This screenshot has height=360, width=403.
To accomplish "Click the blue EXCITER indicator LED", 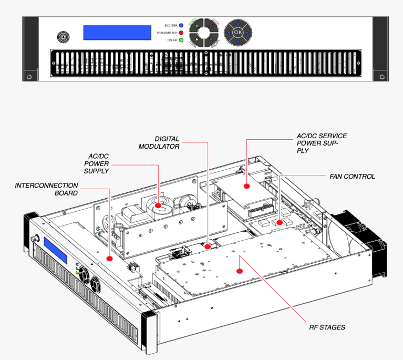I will click(181, 25).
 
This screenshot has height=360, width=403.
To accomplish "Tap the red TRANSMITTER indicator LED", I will click(181, 33).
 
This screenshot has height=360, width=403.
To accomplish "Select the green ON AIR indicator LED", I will click(181, 40).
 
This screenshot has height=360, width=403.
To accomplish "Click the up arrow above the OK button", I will click(238, 23).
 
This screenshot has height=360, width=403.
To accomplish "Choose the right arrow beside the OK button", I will click(247, 33).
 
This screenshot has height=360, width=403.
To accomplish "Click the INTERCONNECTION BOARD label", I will click(46, 189).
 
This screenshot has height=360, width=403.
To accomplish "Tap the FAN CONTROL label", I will click(352, 177).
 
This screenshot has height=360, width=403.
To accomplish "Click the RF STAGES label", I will click(327, 327).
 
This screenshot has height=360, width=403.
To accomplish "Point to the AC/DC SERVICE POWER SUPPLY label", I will click(322, 143).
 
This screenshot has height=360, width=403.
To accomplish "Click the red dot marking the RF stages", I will click(239, 271).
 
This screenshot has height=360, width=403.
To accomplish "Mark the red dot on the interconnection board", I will click(109, 258).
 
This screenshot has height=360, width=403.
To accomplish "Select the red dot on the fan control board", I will click(280, 222).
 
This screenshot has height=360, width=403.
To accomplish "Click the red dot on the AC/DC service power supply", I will click(246, 186).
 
